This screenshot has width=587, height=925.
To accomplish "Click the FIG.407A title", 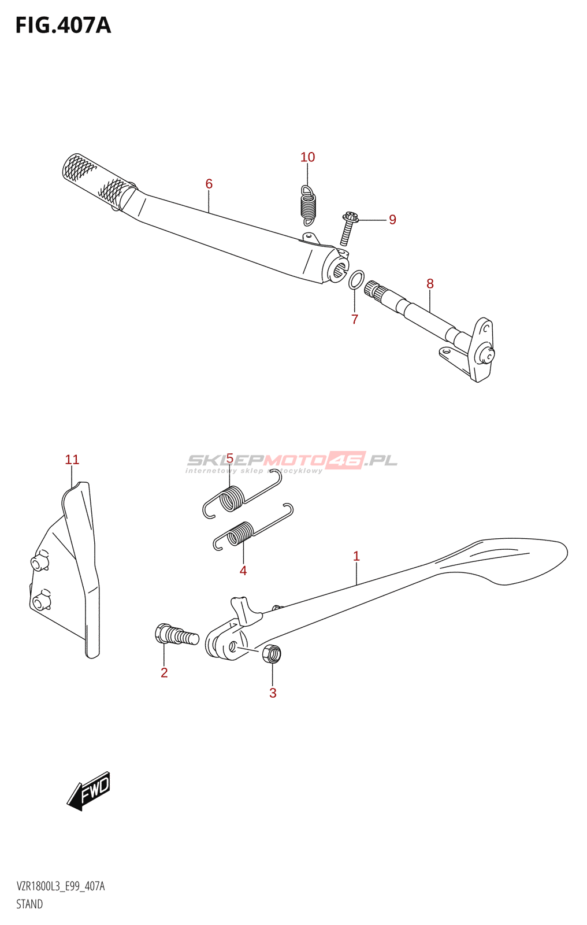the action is (63, 26).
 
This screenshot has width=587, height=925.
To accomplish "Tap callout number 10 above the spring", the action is (307, 157).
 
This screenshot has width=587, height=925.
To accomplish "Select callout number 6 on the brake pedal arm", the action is (209, 184).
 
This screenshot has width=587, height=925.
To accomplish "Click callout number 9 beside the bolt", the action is (392, 220).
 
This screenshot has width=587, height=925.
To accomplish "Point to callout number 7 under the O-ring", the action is (355, 319).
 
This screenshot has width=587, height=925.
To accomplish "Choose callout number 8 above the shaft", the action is (430, 284).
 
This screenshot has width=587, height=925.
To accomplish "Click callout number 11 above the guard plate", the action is (72, 460).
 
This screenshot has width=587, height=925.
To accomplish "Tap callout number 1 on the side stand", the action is (356, 556).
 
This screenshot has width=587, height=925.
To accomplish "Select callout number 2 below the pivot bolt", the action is (164, 672).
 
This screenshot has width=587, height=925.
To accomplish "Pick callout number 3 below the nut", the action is (273, 693).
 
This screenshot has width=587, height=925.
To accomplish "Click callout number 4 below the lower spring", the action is (243, 571).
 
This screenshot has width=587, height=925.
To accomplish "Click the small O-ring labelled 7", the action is (356, 279).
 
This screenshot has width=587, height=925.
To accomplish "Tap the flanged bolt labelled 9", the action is (348, 228).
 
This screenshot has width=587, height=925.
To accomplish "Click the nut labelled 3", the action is (271, 653).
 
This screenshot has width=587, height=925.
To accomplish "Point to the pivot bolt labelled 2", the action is (176, 635).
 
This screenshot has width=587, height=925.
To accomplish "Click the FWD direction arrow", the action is (89, 790).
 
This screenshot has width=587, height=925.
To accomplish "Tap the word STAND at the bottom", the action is (29, 904).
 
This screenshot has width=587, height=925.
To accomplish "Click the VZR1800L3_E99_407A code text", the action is (61, 886).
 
